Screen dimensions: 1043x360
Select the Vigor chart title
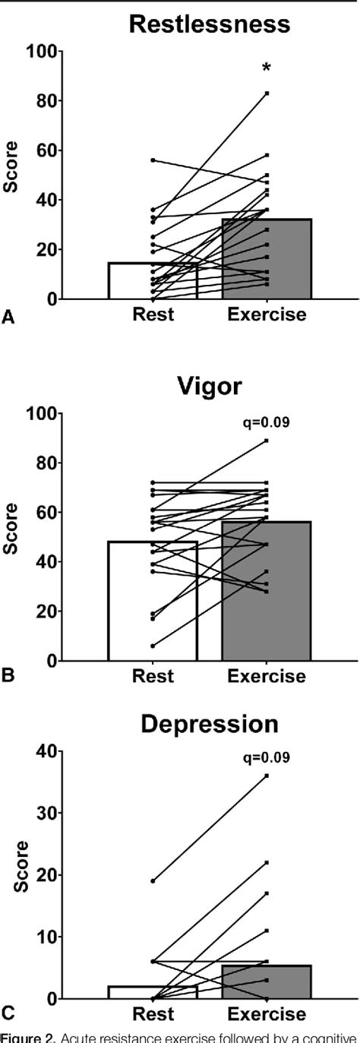pos(209,386)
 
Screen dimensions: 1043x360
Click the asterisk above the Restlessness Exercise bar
pos(267,69)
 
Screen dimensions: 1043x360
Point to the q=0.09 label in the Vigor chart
pos(267,421)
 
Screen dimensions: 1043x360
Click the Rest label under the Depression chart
pos(153,1014)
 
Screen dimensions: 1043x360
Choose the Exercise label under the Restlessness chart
pos(266,314)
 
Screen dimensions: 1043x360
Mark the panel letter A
pos(8,319)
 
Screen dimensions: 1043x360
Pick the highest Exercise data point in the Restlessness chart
pos(267,93)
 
